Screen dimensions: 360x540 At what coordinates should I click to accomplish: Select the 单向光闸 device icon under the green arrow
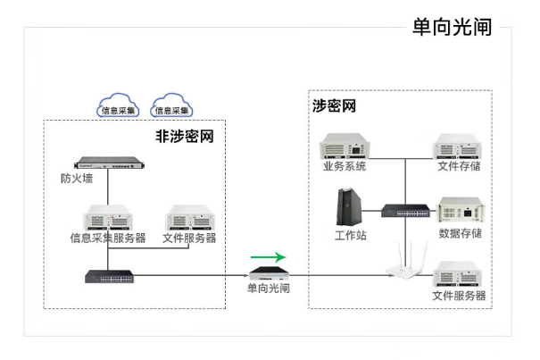(x=267, y=272)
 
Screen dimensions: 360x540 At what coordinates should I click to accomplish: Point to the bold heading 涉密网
(x=334, y=105)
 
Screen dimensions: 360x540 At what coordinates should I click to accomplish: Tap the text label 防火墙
(x=77, y=178)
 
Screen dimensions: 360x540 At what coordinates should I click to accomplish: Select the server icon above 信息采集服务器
(x=108, y=218)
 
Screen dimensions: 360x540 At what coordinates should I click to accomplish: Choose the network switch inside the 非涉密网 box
(x=108, y=275)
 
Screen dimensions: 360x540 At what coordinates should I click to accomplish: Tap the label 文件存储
(x=460, y=167)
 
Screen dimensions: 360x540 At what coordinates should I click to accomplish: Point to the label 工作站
(x=350, y=234)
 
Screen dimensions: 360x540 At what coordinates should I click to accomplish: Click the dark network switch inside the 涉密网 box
(x=403, y=212)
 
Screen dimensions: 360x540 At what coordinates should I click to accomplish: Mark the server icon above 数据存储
(x=460, y=211)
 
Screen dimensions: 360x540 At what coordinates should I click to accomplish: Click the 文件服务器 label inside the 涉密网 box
(x=459, y=296)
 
